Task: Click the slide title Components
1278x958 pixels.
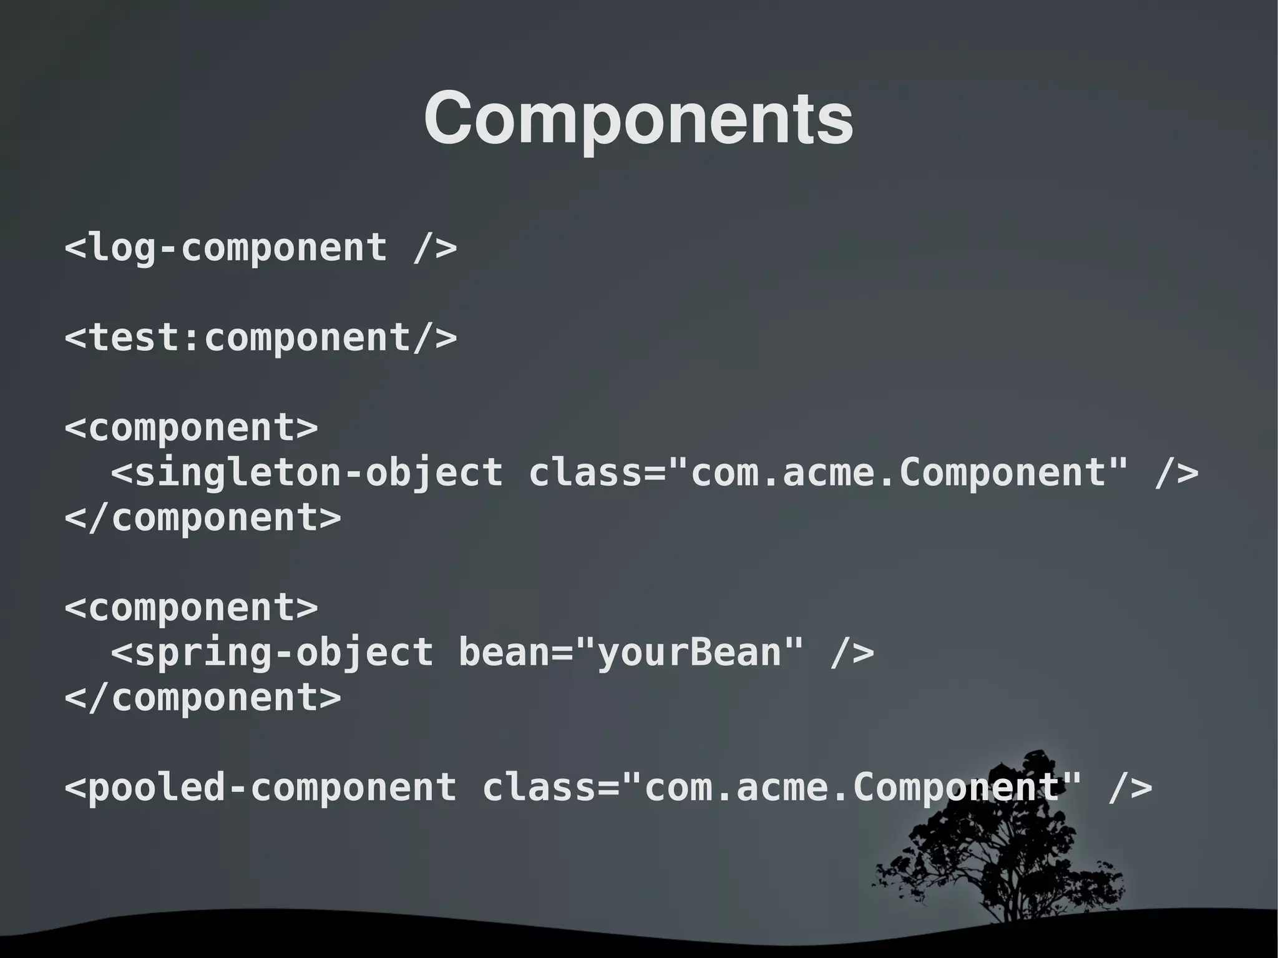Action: (638, 119)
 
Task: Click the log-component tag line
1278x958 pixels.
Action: (261, 248)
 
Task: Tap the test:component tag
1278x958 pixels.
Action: (261, 338)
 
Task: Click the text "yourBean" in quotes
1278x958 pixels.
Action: (690, 653)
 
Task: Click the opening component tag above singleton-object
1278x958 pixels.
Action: (192, 428)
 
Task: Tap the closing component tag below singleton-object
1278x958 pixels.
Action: (203, 517)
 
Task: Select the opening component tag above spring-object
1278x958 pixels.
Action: (192, 607)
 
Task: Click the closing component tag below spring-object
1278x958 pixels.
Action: (203, 697)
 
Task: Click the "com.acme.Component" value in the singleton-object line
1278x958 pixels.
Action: (899, 472)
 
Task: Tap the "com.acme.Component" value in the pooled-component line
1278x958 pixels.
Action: (852, 787)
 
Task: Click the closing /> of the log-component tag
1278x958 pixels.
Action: (435, 248)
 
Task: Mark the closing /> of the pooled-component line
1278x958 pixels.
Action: (1130, 787)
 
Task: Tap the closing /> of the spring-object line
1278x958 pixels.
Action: (852, 653)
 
